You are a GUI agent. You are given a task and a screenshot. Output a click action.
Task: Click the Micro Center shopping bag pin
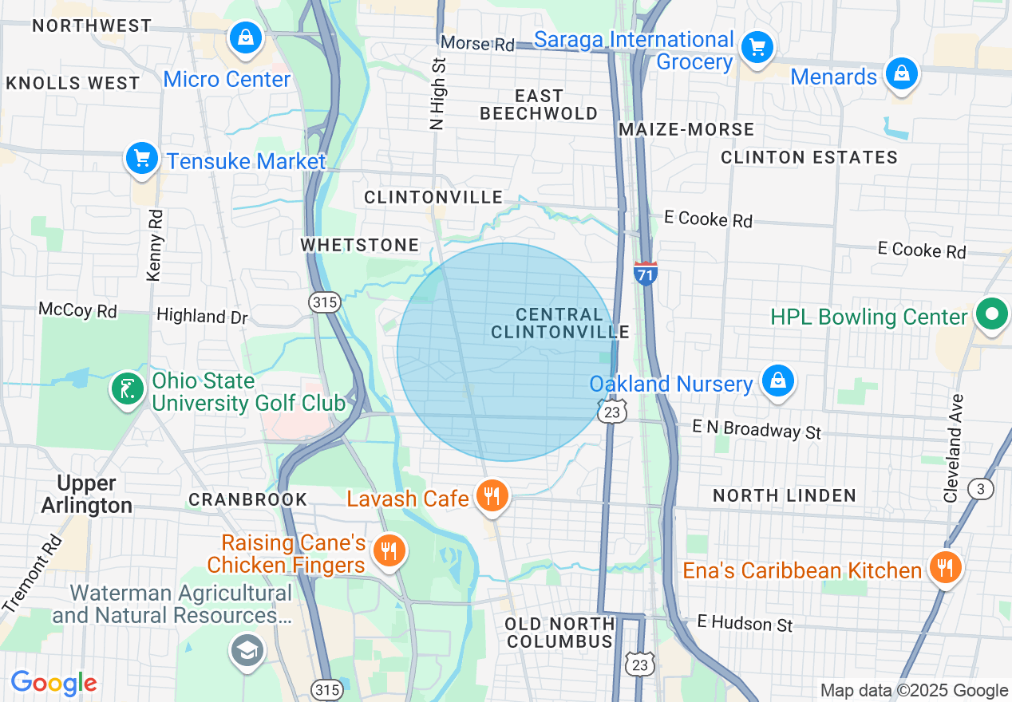click(x=246, y=38)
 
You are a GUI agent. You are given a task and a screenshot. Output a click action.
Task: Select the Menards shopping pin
click(x=901, y=75)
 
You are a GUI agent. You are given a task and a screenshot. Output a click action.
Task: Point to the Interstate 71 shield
click(x=646, y=274)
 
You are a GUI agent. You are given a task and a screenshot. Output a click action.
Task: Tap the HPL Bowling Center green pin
click(x=991, y=315)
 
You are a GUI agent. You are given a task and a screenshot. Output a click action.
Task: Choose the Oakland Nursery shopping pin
click(x=777, y=381)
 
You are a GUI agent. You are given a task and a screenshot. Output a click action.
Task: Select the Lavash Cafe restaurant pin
click(x=492, y=497)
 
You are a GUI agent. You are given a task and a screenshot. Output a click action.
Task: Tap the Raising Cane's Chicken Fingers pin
click(x=389, y=551)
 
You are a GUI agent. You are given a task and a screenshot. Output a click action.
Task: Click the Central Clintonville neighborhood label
click(x=559, y=323)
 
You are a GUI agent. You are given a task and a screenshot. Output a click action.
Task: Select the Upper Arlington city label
click(x=87, y=495)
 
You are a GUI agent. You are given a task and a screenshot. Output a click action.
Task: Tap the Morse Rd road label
click(x=477, y=44)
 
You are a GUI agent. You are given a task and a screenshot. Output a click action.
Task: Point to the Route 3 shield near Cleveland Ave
click(x=980, y=489)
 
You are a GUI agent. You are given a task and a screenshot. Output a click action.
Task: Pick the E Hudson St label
click(x=745, y=622)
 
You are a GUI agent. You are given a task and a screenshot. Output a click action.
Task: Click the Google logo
click(x=53, y=683)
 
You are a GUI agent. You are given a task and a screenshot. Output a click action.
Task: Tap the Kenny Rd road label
click(x=155, y=245)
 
